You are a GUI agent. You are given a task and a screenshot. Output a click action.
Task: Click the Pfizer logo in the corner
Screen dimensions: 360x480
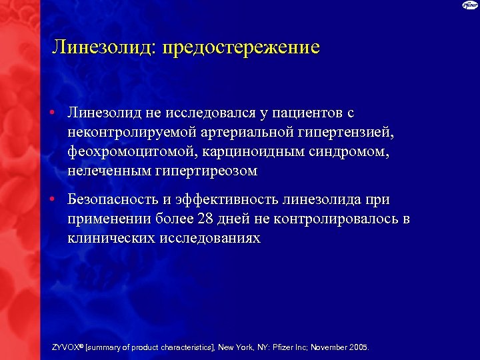tap(469, 6)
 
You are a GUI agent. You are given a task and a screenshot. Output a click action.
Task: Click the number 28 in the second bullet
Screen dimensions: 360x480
tap(206, 219)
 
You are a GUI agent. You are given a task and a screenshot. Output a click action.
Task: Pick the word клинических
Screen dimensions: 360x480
tap(111, 238)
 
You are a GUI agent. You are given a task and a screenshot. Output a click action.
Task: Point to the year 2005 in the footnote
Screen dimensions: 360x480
tap(357, 347)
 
